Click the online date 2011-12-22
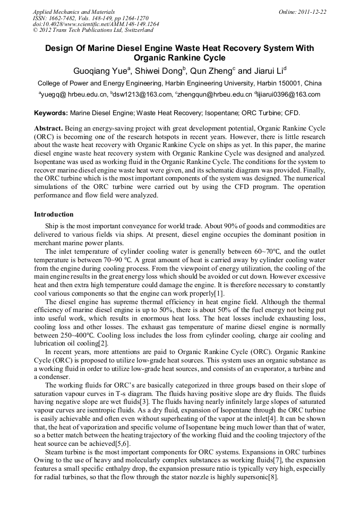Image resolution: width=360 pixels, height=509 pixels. coord(313,12)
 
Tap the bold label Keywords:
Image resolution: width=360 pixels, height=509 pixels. coord(51,113)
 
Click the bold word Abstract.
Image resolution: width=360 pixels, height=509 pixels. coord(49,129)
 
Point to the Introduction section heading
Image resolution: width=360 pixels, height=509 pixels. coord(54,214)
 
